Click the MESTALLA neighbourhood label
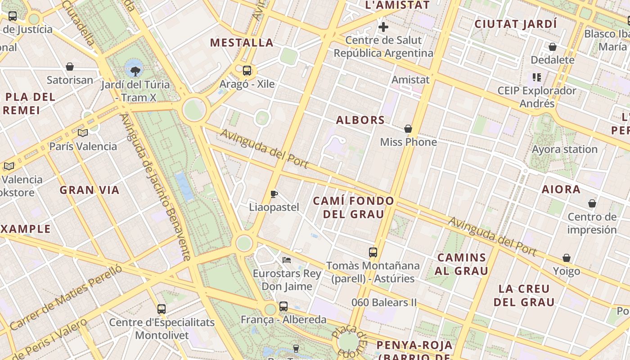[x=242, y=43]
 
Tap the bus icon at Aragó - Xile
[x=247, y=71]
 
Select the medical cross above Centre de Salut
[x=383, y=27]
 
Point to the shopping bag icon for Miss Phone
[x=408, y=129]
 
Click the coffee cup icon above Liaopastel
[x=274, y=194]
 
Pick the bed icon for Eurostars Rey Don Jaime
[x=287, y=260]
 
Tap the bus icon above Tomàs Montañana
[x=373, y=252]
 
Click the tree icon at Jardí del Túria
[x=135, y=71]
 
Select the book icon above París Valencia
[x=82, y=133]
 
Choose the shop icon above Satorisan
[x=70, y=67]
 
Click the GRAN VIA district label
[x=90, y=190]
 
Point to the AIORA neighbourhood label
[x=561, y=189]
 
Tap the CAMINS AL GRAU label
[x=462, y=264]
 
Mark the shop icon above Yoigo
[x=567, y=258]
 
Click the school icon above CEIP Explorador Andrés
[x=536, y=77]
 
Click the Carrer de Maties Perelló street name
[x=66, y=297]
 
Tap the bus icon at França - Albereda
[x=283, y=306]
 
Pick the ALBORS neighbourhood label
[x=360, y=120]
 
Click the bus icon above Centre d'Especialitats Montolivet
[x=162, y=309]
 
